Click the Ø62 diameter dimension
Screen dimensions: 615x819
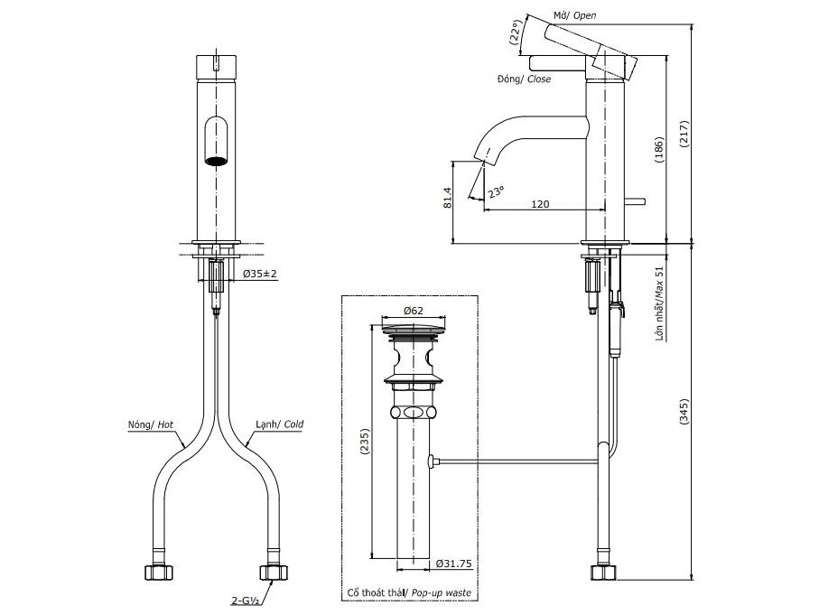[x=414, y=311]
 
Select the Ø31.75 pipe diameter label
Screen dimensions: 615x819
[x=453, y=564]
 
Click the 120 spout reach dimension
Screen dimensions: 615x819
[x=540, y=204]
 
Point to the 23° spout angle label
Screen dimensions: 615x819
[x=497, y=191]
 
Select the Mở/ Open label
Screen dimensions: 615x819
[x=574, y=15]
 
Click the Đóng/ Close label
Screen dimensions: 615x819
[x=524, y=79]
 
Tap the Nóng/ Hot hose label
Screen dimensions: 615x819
[x=153, y=424]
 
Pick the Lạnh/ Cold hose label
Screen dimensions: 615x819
[x=278, y=424]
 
